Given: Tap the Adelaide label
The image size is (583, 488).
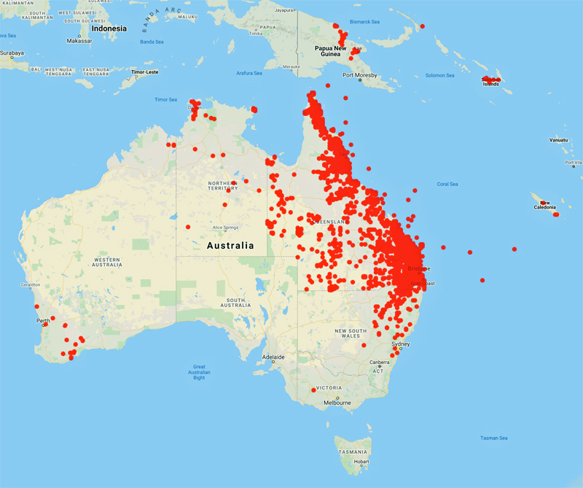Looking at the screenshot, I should [273, 357].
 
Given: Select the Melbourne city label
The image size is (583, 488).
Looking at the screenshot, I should [337, 402].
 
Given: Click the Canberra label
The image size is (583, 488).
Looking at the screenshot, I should [378, 363].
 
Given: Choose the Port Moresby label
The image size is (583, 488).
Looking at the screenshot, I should [360, 75].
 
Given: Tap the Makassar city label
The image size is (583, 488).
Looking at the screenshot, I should [79, 42].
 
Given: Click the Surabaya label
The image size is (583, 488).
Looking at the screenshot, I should [11, 53].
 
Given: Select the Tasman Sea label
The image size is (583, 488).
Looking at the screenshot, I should [494, 438].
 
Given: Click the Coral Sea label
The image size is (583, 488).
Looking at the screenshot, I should [447, 184].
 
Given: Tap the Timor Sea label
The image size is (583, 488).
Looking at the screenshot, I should [166, 99].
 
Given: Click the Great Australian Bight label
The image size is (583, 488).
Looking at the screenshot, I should [198, 372].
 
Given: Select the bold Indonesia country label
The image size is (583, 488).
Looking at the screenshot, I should [108, 28].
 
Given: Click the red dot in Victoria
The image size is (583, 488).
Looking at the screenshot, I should [313, 390].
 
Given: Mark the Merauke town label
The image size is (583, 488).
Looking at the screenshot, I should [291, 66].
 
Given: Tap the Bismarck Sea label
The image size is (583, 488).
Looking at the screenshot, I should [366, 22].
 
